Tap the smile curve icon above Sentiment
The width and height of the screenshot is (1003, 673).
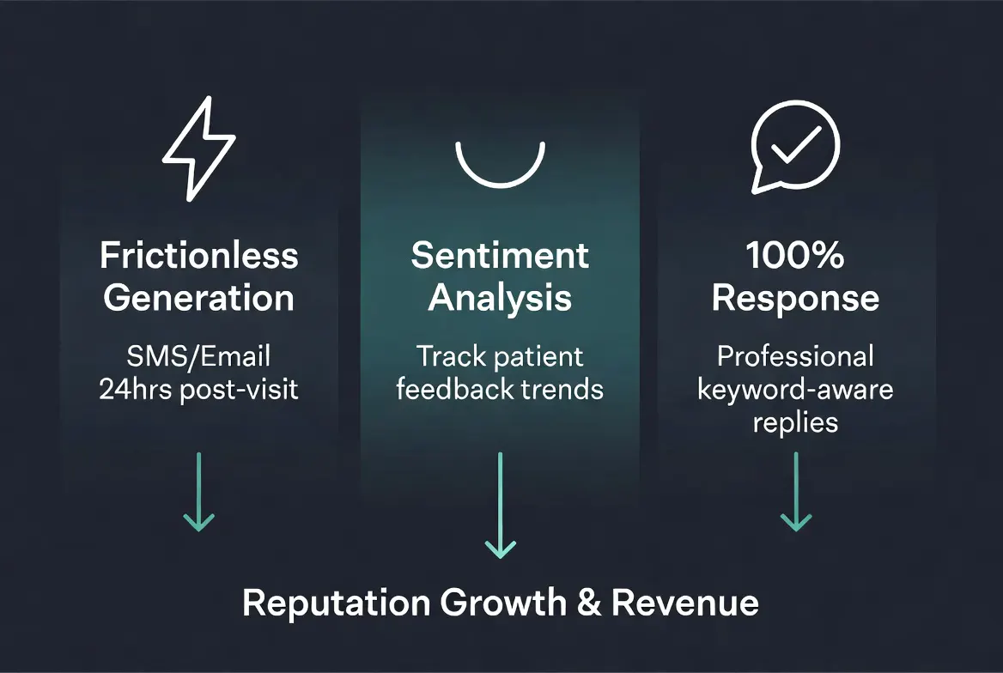pyautogui.click(x=500, y=163)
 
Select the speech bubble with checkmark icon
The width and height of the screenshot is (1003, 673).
pyautogui.click(x=794, y=152)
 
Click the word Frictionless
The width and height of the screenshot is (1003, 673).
pyautogui.click(x=199, y=255)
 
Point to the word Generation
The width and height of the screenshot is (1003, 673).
pyautogui.click(x=199, y=298)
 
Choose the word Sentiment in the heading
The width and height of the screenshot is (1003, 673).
pyautogui.click(x=500, y=255)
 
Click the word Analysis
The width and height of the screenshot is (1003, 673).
pyautogui.click(x=500, y=298)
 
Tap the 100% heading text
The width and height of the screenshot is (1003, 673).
pyautogui.click(x=794, y=255)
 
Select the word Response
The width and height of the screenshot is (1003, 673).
pyautogui.click(x=795, y=298)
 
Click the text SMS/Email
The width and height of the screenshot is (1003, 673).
pyautogui.click(x=199, y=355)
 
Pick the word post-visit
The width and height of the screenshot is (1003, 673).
pyautogui.click(x=240, y=390)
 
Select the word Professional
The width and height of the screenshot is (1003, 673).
pyautogui.click(x=795, y=355)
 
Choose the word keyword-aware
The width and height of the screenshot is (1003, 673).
pyautogui.click(x=795, y=389)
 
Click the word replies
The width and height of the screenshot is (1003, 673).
pyautogui.click(x=795, y=422)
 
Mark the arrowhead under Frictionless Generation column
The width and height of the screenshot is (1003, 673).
pyautogui.click(x=199, y=520)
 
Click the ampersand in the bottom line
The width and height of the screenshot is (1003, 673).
pyautogui.click(x=588, y=602)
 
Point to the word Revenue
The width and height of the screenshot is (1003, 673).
pyautogui.click(x=684, y=602)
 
